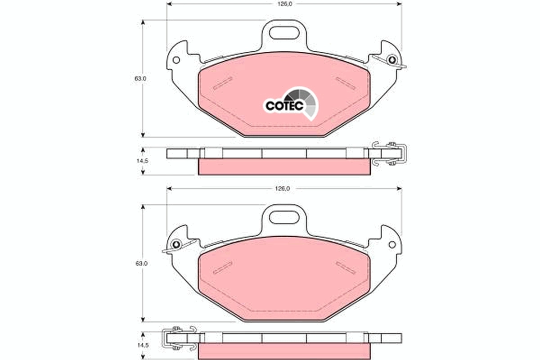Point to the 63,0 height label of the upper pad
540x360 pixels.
click(140, 78)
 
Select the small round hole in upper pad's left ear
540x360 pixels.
click(176, 60)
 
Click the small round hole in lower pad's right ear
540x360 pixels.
click(392, 244)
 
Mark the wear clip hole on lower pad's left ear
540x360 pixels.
click(176, 244)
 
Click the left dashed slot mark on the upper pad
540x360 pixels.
click(223, 83)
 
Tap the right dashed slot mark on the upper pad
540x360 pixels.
click(346, 83)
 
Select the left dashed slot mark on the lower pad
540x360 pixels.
click(223, 267)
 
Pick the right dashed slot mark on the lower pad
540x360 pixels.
click(346, 267)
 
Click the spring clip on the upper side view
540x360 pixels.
click(389, 153)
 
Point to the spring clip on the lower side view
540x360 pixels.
click(179, 337)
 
